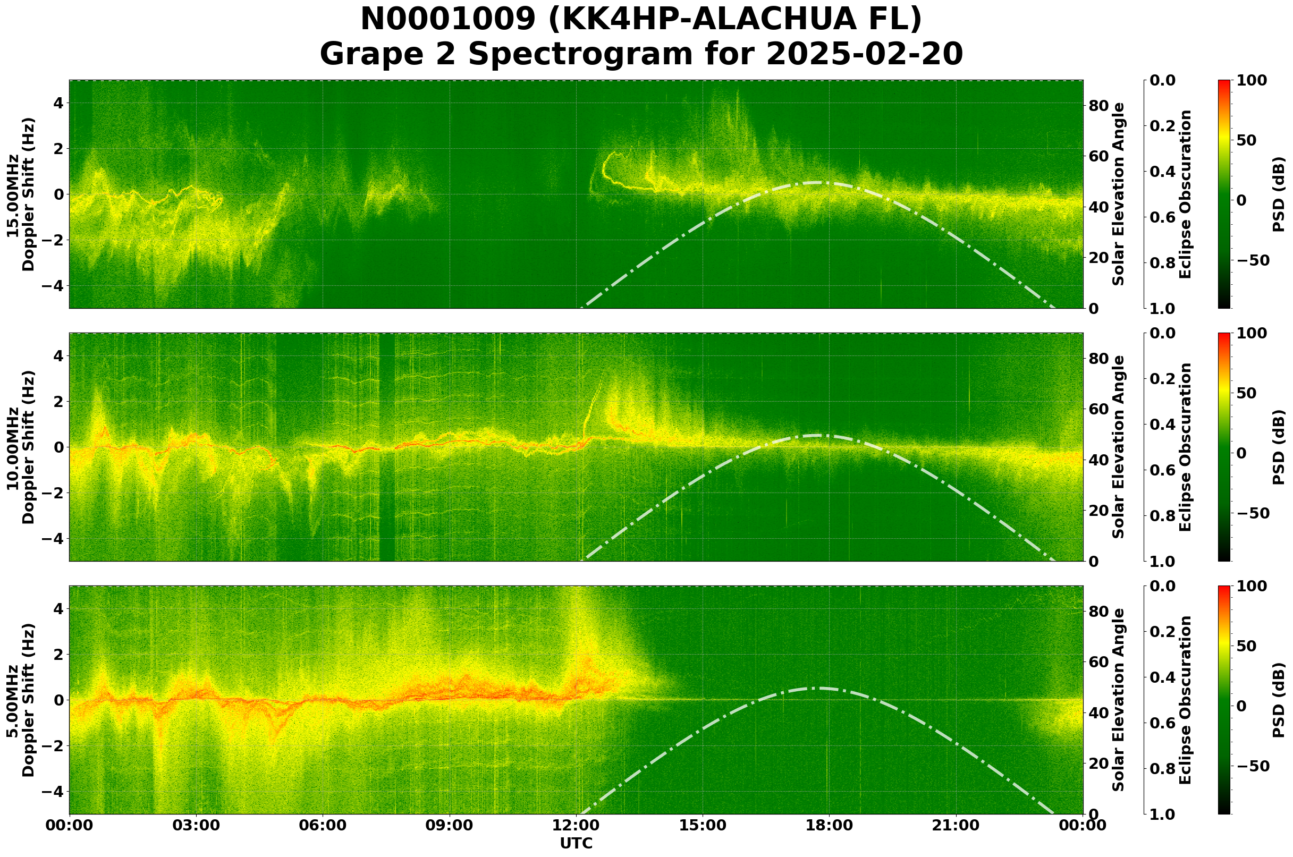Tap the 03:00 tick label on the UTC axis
pyautogui.click(x=196, y=825)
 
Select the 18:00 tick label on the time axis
pyautogui.click(x=829, y=825)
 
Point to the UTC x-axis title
pyautogui.click(x=576, y=843)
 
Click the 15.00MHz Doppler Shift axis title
pyautogui.click(x=21, y=194)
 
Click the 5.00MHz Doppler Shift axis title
pyautogui.click(x=21, y=700)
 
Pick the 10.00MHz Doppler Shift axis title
pyautogui.click(x=21, y=447)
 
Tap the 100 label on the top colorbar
pyautogui.click(x=1252, y=80)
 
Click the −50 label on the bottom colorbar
pyautogui.click(x=1251, y=766)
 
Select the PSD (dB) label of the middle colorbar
pyautogui.click(x=1278, y=447)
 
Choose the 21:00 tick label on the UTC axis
pyautogui.click(x=956, y=825)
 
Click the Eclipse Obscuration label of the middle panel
pyautogui.click(x=1185, y=447)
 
